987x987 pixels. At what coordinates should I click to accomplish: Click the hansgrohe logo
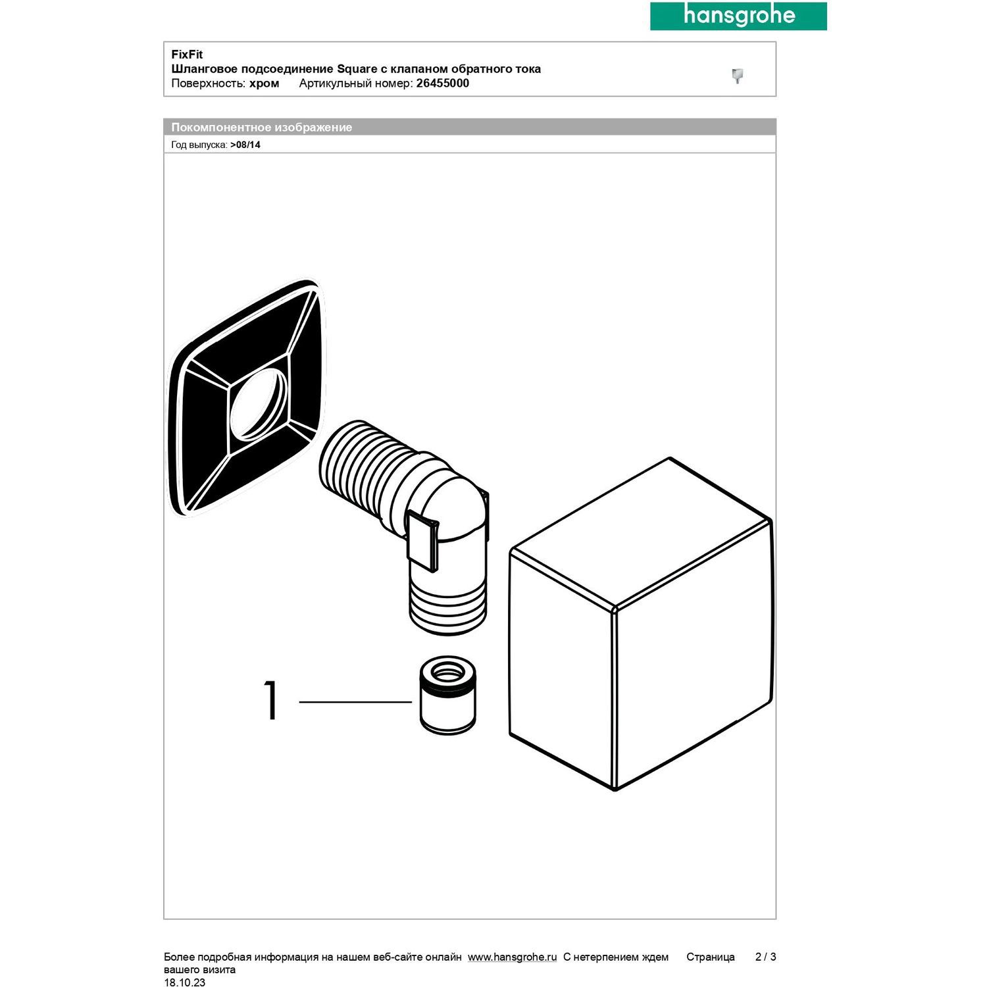(738, 16)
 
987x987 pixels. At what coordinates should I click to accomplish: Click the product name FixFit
(187, 55)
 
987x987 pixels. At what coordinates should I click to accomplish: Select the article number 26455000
(443, 84)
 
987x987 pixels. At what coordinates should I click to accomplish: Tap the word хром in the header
(265, 84)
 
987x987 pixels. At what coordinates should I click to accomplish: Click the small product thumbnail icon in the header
(738, 76)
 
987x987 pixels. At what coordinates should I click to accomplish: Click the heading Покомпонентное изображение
(262, 128)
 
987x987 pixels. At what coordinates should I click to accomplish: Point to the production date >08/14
(245, 145)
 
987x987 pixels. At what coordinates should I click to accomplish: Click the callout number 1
(271, 701)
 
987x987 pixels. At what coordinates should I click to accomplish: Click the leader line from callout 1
(355, 702)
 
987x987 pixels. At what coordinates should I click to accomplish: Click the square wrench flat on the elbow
(422, 539)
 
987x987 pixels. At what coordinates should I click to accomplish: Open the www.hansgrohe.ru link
(513, 957)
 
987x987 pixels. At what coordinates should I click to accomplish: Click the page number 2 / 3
(765, 957)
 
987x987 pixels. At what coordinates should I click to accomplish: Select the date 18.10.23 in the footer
(184, 982)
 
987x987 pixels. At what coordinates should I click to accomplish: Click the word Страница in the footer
(711, 957)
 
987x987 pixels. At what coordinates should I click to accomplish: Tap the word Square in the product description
(357, 69)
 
